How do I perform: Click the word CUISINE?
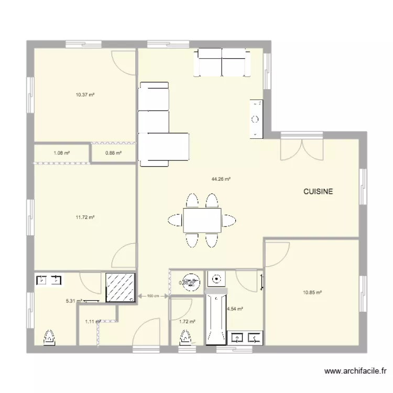tap(318, 192)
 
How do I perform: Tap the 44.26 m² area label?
tap(221, 179)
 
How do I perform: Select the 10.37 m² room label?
tap(85, 95)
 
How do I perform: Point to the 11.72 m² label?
tap(85, 217)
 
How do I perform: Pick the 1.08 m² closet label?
tap(62, 153)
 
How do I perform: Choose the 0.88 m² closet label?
tap(113, 153)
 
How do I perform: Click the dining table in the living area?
tap(202, 220)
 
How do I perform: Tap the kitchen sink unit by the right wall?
tap(256, 118)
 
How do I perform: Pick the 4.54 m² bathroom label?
tap(235, 309)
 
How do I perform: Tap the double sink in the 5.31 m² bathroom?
tap(49, 280)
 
